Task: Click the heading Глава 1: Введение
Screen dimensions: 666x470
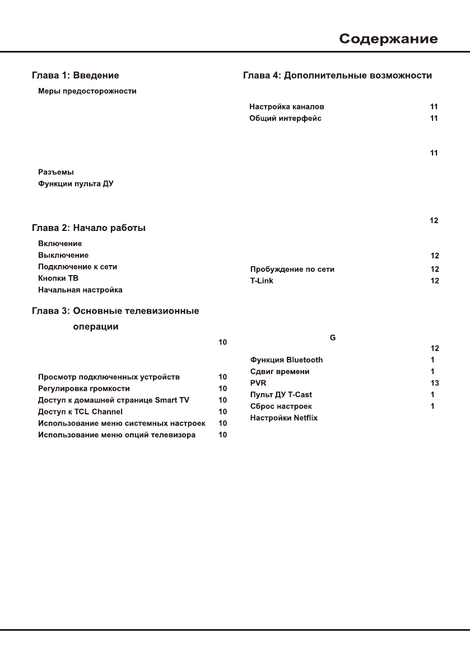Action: click(75, 75)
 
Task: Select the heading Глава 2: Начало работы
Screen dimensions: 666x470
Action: click(89, 228)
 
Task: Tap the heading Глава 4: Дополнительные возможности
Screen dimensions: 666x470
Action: click(337, 75)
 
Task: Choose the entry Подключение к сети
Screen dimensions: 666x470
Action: click(77, 267)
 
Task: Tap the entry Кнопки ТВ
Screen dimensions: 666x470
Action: click(54, 278)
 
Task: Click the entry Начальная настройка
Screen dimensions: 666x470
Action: click(80, 290)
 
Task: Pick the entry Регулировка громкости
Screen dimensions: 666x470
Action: click(84, 388)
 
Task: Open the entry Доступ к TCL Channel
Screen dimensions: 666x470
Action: click(80, 412)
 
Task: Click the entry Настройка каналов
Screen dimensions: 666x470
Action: click(287, 106)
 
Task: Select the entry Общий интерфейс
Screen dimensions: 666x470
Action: click(285, 118)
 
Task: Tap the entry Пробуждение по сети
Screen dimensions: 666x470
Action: click(292, 269)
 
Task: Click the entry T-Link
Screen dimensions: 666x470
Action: click(262, 280)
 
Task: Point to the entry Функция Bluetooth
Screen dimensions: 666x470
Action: click(286, 360)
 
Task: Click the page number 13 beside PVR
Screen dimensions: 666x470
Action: click(434, 383)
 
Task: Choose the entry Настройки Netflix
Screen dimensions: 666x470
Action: click(283, 418)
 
